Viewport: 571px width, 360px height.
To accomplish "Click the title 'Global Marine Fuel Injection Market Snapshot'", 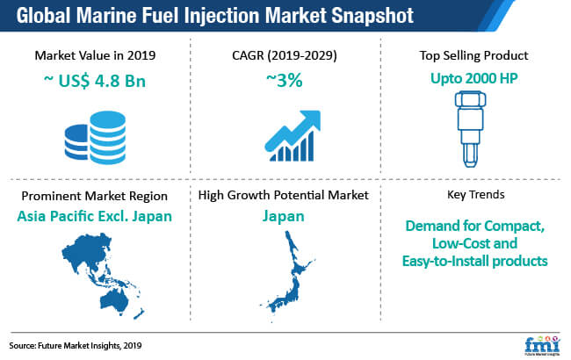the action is pyautogui.click(x=215, y=15).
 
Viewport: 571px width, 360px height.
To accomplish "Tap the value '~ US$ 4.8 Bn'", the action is pyautogui.click(x=95, y=81).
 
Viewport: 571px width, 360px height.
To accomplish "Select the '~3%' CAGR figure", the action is pyautogui.click(x=285, y=80).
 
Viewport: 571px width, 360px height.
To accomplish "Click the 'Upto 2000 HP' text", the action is pyautogui.click(x=473, y=78).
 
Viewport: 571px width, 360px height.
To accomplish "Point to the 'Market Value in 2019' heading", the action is pyautogui.click(x=95, y=55).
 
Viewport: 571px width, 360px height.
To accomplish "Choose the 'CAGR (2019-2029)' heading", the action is pyautogui.click(x=285, y=55).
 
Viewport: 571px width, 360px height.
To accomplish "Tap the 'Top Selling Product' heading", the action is pyautogui.click(x=473, y=55).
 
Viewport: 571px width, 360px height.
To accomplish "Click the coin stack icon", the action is pyautogui.click(x=96, y=138).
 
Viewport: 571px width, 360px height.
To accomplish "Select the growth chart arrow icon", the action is pyautogui.click(x=293, y=135).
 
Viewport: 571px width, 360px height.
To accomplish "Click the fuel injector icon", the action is pyautogui.click(x=470, y=129).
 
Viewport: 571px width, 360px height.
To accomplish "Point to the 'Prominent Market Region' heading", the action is pyautogui.click(x=94, y=196).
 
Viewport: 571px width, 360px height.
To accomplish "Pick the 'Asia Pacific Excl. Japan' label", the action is pyautogui.click(x=94, y=216).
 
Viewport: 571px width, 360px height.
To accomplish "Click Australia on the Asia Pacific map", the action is pyautogui.click(x=114, y=300).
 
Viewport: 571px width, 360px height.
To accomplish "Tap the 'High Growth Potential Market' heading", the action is pyautogui.click(x=284, y=195).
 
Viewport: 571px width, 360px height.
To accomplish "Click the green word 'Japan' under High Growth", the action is pyautogui.click(x=284, y=216).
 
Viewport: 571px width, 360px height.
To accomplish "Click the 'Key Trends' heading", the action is pyautogui.click(x=475, y=195).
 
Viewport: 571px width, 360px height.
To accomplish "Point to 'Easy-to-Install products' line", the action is pyautogui.click(x=474, y=261).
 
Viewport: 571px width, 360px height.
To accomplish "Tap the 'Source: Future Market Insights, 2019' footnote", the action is pyautogui.click(x=76, y=345).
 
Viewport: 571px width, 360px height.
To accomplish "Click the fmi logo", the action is pyautogui.click(x=542, y=346).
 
